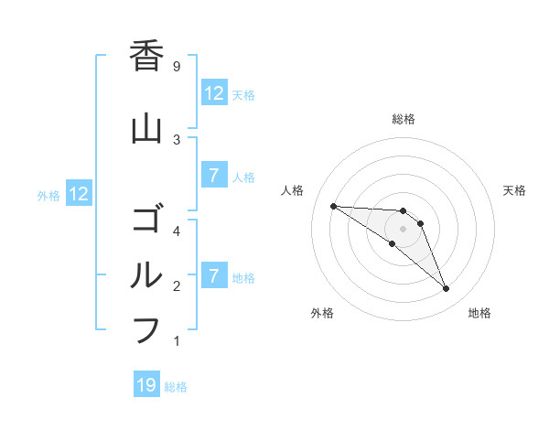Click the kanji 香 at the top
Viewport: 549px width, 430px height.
pyautogui.click(x=146, y=56)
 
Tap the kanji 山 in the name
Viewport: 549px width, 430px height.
pyautogui.click(x=146, y=129)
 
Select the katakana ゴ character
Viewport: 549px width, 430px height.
pyautogui.click(x=146, y=220)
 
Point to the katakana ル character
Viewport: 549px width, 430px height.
pyautogui.click(x=146, y=275)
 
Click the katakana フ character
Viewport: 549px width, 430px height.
pyautogui.click(x=146, y=330)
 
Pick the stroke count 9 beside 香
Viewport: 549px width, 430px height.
pyautogui.click(x=176, y=66)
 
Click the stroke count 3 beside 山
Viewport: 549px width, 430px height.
pyautogui.click(x=176, y=139)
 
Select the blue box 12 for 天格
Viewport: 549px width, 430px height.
pyautogui.click(x=213, y=93)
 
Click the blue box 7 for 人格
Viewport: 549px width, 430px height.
pyautogui.click(x=213, y=176)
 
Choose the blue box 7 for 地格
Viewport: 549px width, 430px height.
pyautogui.click(x=213, y=276)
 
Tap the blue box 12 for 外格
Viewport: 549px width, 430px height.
pyautogui.click(x=79, y=194)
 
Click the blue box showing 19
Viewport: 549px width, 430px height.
pyautogui.click(x=146, y=385)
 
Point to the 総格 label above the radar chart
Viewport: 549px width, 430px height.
pyautogui.click(x=404, y=119)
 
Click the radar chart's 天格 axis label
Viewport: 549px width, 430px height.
pyautogui.click(x=515, y=190)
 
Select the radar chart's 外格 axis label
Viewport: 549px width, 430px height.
pyautogui.click(x=322, y=313)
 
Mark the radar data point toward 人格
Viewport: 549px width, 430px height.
pyautogui.click(x=333, y=206)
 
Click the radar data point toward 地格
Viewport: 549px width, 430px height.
pyautogui.click(x=446, y=289)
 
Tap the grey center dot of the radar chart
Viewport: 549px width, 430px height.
pyautogui.click(x=404, y=229)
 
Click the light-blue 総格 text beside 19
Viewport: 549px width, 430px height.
pyautogui.click(x=177, y=387)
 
